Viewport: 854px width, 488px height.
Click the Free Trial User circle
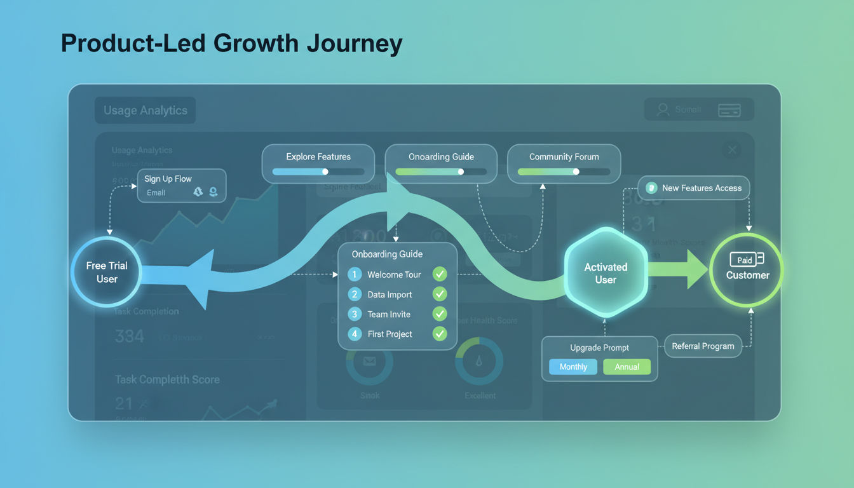coord(107,273)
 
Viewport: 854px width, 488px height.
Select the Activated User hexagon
coord(606,273)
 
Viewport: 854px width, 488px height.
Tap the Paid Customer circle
coord(747,269)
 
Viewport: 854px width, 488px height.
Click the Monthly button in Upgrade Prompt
coord(573,367)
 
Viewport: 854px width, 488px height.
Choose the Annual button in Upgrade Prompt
coord(627,367)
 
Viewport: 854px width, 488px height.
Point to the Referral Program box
coord(703,346)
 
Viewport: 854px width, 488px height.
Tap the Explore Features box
coord(318,163)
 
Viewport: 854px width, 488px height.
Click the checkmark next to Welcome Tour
coord(439,274)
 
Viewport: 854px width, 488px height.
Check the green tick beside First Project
coord(439,334)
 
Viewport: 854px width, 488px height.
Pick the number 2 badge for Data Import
coord(355,294)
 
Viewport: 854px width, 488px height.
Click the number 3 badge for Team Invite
coord(355,314)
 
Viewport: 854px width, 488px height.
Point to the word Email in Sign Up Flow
coord(156,193)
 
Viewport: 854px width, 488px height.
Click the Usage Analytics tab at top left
coord(146,111)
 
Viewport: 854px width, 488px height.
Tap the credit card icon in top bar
coord(729,110)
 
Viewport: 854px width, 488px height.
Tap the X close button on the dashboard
coord(732,150)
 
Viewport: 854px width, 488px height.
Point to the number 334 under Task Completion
coord(130,336)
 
